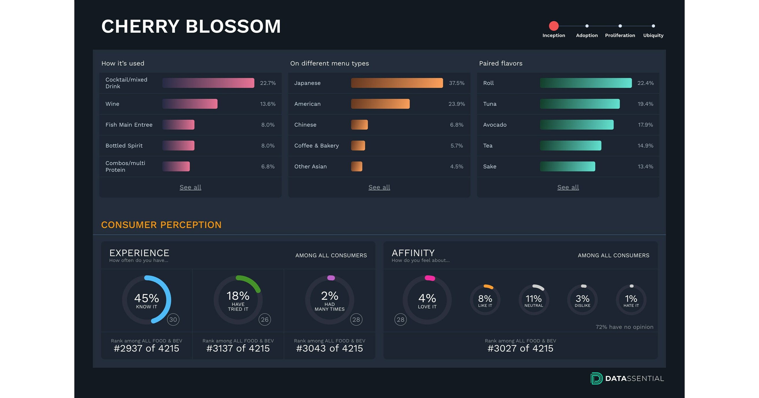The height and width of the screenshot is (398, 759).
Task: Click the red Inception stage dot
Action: pyautogui.click(x=554, y=26)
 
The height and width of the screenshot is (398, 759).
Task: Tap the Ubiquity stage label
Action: pyautogui.click(x=653, y=35)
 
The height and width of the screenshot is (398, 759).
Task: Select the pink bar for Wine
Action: pyautogui.click(x=190, y=104)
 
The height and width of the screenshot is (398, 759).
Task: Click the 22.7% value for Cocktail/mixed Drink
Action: pyautogui.click(x=268, y=83)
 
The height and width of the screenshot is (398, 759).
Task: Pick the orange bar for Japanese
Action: pyautogui.click(x=397, y=83)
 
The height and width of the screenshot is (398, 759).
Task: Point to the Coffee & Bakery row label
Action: pyautogui.click(x=316, y=146)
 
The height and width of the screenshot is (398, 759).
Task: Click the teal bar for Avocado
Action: pyautogui.click(x=576, y=125)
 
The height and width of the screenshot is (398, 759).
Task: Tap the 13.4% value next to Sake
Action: pyautogui.click(x=645, y=167)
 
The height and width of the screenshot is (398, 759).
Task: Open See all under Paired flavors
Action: pyautogui.click(x=568, y=187)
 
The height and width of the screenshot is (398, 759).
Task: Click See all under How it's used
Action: pyautogui.click(x=190, y=187)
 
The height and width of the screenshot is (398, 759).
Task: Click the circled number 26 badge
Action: pyautogui.click(x=265, y=320)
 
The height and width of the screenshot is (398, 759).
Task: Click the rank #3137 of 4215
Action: pyautogui.click(x=238, y=348)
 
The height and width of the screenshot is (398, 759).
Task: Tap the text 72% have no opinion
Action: pyautogui.click(x=624, y=327)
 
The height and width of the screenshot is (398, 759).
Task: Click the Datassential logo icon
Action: pyautogui.click(x=596, y=379)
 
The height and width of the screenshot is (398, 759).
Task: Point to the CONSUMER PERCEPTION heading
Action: pyautogui.click(x=161, y=225)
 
